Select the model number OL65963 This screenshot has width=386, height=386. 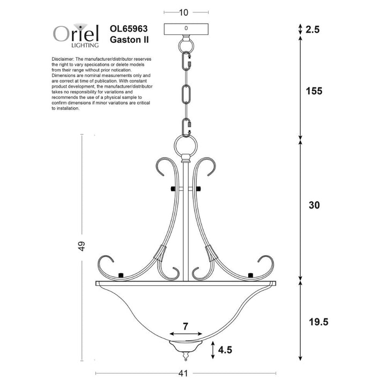[x=129, y=28]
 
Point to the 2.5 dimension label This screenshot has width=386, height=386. [x=312, y=30]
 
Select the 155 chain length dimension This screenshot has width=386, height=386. [x=314, y=91]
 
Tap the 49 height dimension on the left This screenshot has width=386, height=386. [x=81, y=247]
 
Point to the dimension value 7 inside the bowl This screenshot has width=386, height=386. [x=185, y=325]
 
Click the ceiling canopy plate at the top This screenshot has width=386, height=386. [x=185, y=28]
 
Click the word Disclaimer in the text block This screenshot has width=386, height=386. [x=64, y=58]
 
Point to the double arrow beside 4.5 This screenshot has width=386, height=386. [x=214, y=351]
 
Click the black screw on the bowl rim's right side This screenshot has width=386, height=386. [x=250, y=275]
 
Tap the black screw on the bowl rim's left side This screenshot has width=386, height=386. [x=121, y=275]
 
